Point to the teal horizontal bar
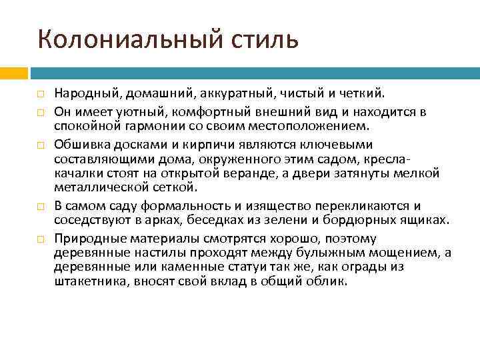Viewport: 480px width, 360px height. click(x=253, y=71)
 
